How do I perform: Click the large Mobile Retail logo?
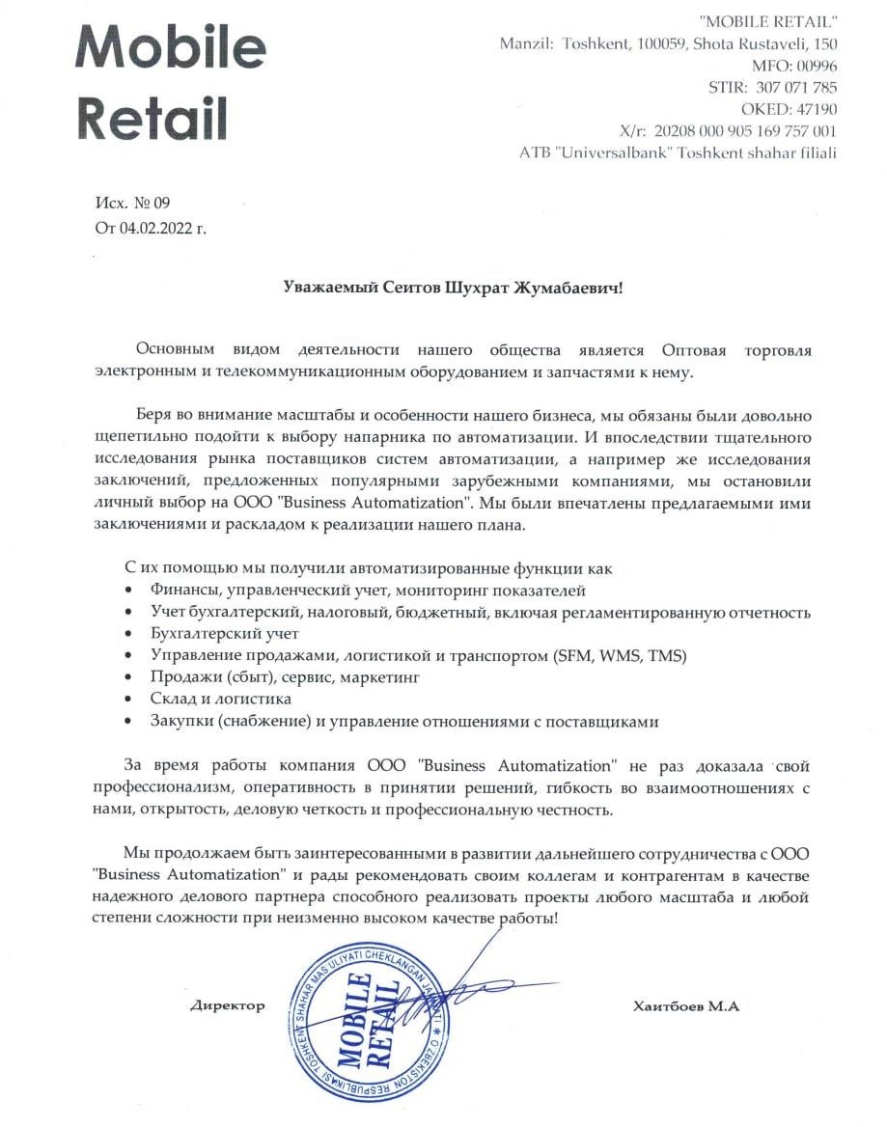tap(171, 82)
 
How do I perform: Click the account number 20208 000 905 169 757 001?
tap(745, 131)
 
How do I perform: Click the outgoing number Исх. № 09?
tap(132, 203)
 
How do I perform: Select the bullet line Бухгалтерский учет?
tap(225, 634)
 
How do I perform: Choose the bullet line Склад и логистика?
tap(221, 698)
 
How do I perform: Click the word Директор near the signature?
tap(227, 1005)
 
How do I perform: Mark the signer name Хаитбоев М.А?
tap(685, 1005)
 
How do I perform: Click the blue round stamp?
tap(367, 1025)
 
